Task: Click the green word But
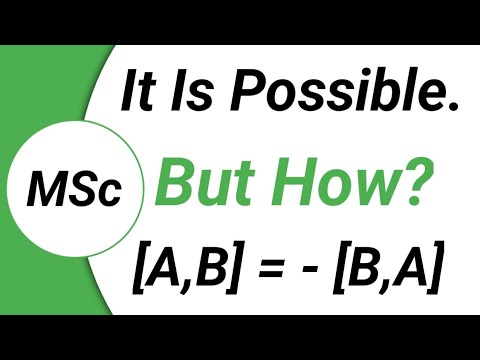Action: (x=205, y=183)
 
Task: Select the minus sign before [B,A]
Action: (x=320, y=271)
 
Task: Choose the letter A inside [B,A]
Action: (x=415, y=269)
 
